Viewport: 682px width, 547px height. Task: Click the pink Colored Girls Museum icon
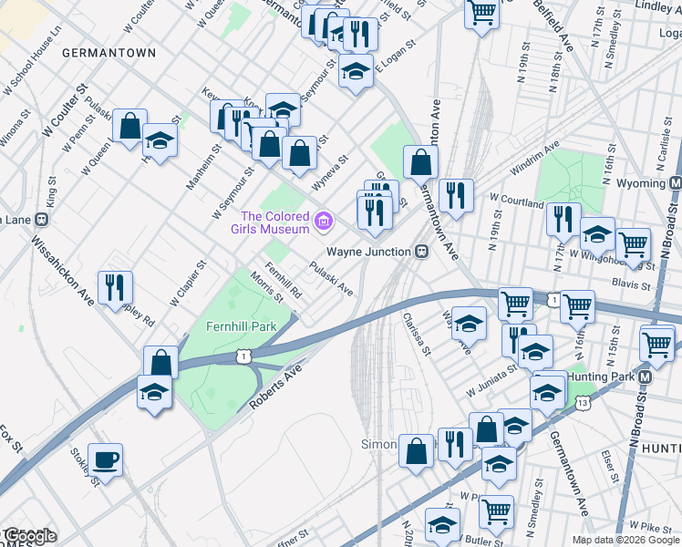pos(323,222)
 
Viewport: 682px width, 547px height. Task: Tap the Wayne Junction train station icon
pos(422,252)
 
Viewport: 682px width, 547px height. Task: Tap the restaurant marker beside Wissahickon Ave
pos(115,287)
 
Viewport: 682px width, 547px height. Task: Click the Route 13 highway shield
pos(583,402)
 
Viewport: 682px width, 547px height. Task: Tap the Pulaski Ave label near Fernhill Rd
pos(330,279)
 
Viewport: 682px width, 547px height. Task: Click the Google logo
pos(29,536)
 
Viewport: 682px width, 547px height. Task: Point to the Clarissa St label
pos(418,335)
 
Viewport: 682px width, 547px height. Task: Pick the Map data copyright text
pos(625,540)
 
